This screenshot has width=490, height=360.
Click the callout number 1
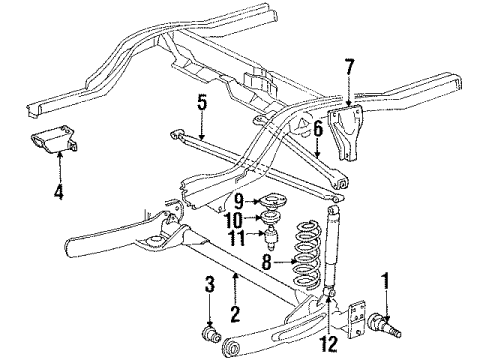tap(384, 278)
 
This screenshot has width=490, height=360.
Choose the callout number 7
tap(348, 68)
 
